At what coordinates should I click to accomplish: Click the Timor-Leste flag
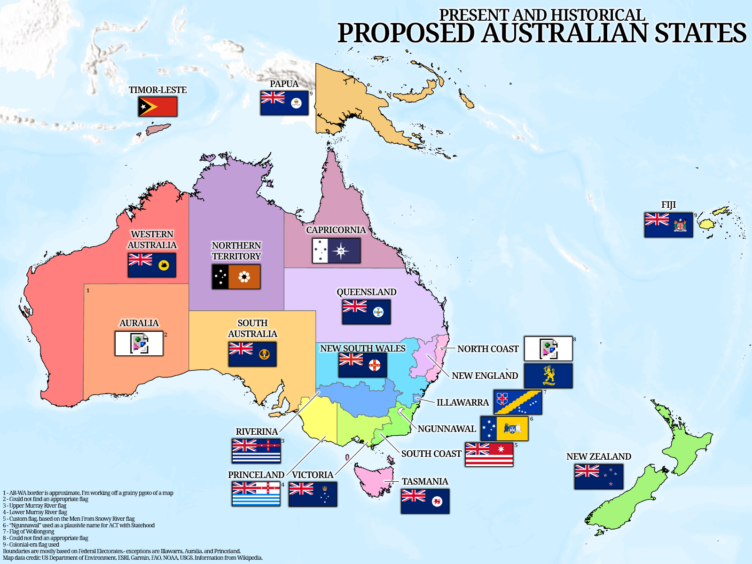(x=157, y=107)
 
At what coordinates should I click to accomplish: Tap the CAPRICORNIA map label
(x=336, y=230)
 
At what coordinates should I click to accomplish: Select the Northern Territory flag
(x=236, y=277)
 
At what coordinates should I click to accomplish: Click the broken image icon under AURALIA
(x=139, y=344)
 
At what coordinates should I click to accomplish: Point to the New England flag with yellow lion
(x=548, y=376)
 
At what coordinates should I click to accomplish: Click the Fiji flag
(x=668, y=225)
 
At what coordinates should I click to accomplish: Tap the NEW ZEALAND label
(x=598, y=456)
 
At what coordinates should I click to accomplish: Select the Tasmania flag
(x=425, y=501)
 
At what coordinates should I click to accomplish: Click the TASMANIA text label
(x=425, y=481)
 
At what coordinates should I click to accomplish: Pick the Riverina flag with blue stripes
(x=256, y=451)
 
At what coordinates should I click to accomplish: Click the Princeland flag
(x=256, y=494)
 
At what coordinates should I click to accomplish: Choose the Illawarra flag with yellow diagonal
(x=517, y=402)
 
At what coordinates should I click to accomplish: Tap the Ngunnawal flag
(x=504, y=428)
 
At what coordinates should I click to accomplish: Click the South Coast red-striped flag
(x=489, y=454)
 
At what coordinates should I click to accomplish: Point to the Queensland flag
(x=366, y=312)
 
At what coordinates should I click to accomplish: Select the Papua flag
(x=284, y=103)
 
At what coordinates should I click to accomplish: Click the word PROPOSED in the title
(x=406, y=33)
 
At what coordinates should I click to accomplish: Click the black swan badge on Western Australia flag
(x=164, y=265)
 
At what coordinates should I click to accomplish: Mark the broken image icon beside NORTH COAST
(x=548, y=349)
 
